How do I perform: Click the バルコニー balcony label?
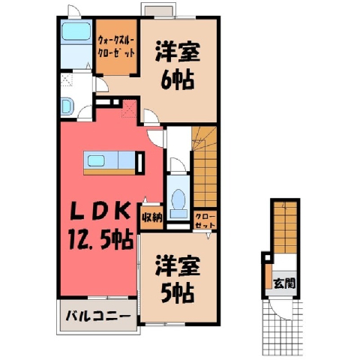(x=98, y=316)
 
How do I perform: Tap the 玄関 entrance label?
(x=284, y=283)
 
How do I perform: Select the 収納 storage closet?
(x=151, y=217)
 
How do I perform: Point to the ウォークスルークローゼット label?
(x=116, y=46)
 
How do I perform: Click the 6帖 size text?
(x=178, y=80)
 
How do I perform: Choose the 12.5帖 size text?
(x=100, y=240)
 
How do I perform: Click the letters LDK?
(x=100, y=211)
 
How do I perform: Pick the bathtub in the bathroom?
(x=76, y=31)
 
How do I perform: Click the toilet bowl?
(x=178, y=199)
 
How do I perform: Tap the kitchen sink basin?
(x=95, y=160)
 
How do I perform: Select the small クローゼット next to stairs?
(x=205, y=220)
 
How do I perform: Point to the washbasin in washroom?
(x=66, y=106)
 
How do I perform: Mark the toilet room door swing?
(x=178, y=164)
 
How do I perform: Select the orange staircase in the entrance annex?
(x=285, y=227)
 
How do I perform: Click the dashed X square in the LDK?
(x=129, y=109)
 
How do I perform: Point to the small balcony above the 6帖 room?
(x=157, y=10)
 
